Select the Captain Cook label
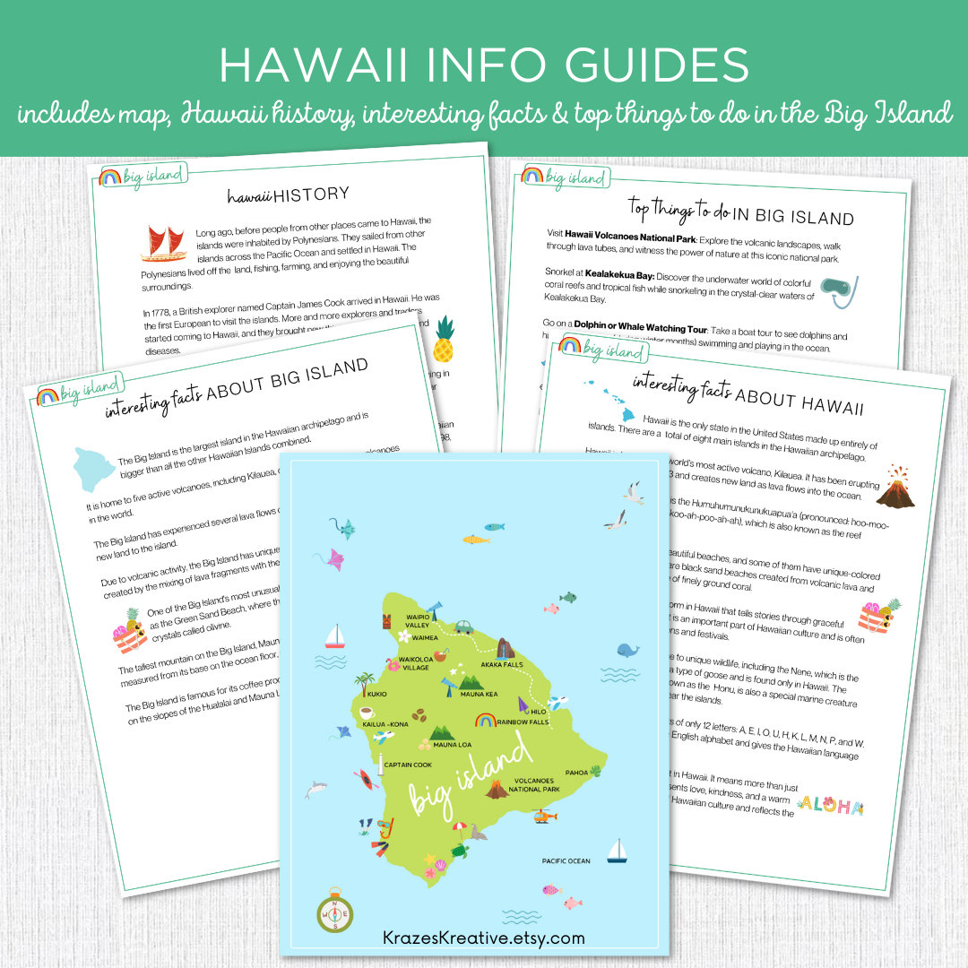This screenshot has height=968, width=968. coord(409,765)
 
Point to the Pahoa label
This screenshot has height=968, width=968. coord(575,773)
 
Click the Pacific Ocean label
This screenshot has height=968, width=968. coord(566,860)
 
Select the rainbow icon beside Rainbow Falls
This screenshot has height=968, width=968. coord(486,720)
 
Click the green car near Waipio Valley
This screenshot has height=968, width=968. coord(462,627)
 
